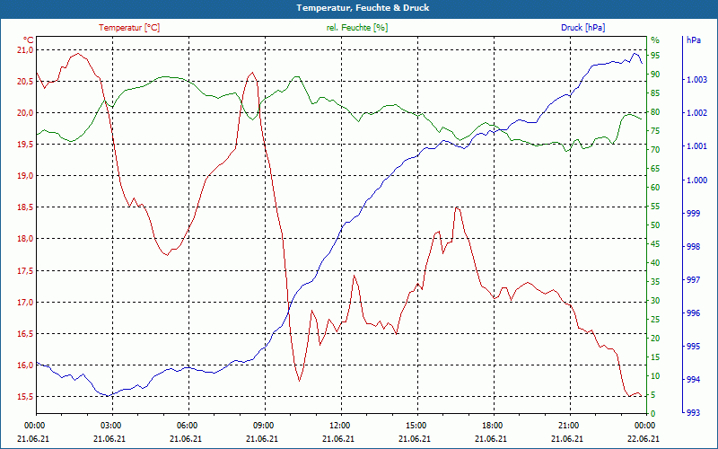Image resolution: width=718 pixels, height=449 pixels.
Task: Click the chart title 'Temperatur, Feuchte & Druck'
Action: point(359,8)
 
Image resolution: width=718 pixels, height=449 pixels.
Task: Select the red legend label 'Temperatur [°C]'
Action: point(129,28)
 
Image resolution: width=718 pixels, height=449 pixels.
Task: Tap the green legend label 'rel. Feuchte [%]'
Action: point(357,28)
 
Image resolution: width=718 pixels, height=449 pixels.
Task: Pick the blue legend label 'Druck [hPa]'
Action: point(582,28)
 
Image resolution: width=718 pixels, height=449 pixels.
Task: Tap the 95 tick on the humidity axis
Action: point(655,56)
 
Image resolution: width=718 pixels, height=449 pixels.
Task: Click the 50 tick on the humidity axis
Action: point(655,225)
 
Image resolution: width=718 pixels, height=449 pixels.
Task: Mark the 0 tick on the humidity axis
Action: point(653,414)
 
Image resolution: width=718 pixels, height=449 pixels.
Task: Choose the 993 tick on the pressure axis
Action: point(692,413)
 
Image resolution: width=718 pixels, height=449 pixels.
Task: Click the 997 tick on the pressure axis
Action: point(692,280)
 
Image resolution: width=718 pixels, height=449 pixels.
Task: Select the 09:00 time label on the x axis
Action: point(264,425)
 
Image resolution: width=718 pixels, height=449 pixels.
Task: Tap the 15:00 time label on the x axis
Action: point(416,425)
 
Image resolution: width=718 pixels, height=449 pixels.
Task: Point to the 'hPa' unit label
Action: point(693,40)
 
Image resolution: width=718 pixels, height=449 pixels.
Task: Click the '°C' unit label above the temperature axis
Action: point(28,40)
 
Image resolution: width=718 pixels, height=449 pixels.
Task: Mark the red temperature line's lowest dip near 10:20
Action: point(299,381)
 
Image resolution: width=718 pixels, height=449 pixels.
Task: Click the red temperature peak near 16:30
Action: point(458,207)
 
